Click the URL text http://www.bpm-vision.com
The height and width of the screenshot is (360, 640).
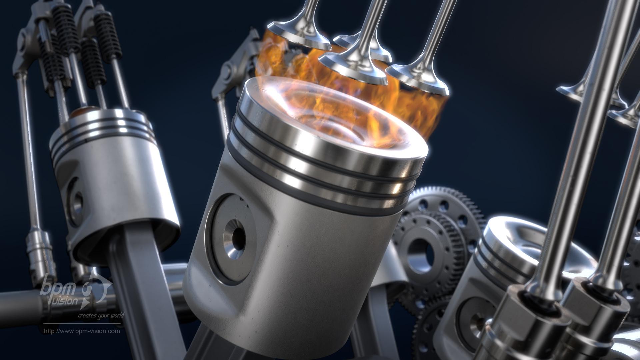(82, 331)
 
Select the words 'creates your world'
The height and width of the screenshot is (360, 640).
(101, 315)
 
